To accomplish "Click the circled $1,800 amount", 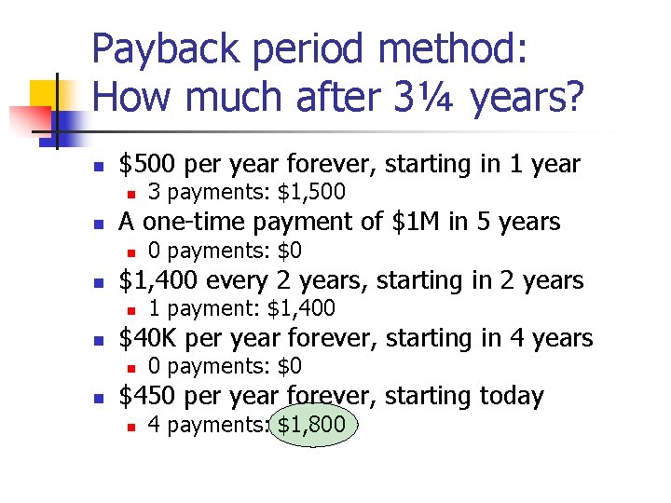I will pyautogui.click(x=312, y=426).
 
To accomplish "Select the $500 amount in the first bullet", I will pyautogui.click(x=148, y=165).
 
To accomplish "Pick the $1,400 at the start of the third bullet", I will pyautogui.click(x=158, y=280).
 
